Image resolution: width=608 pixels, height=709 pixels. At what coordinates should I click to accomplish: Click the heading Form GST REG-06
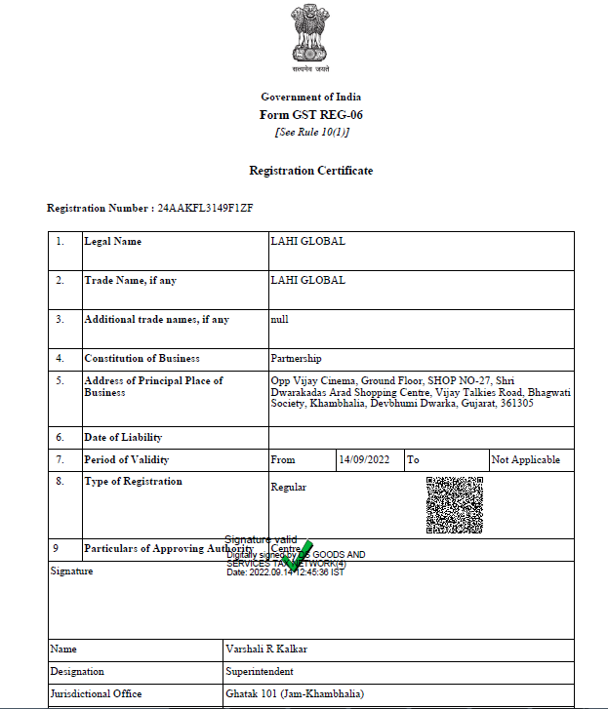point(310,114)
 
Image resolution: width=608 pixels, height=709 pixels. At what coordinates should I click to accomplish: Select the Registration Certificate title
point(310,171)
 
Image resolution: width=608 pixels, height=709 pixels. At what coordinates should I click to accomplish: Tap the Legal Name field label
point(112,241)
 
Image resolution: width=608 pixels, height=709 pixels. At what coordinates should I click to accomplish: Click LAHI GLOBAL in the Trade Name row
point(307,280)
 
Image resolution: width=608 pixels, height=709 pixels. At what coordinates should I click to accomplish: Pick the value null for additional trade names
point(279,319)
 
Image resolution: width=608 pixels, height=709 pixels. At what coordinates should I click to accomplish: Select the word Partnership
point(296,358)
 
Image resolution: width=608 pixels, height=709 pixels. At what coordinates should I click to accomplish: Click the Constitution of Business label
point(142,358)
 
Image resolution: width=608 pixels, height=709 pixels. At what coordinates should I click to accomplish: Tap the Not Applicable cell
point(526,459)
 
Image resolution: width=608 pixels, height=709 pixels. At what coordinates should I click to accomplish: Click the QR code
point(454,504)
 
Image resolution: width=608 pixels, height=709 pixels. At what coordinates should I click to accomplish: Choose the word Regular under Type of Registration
point(288,487)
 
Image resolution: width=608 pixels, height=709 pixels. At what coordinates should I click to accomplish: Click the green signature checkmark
point(301,554)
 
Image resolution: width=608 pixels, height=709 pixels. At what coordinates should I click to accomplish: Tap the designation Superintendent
point(259,671)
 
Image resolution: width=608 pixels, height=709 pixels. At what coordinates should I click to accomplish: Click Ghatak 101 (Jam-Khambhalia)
point(294,693)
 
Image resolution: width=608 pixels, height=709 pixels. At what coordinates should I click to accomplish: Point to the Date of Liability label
point(123,437)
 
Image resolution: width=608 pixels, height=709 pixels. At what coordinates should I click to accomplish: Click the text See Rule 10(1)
point(310,132)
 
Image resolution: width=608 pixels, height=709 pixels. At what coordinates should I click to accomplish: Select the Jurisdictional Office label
point(96,693)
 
